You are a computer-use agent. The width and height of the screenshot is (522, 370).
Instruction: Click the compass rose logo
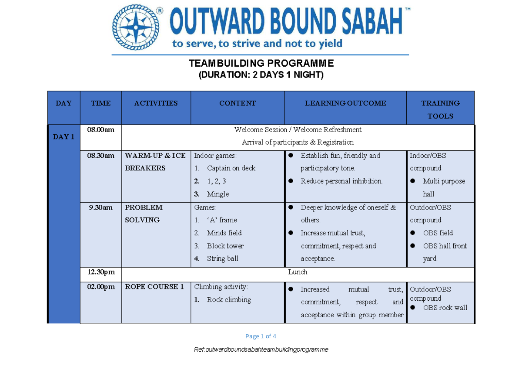coord(136,27)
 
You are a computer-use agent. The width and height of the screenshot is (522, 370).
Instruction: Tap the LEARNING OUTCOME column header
coord(345,103)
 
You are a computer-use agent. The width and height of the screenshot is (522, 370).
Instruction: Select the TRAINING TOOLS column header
coord(440,109)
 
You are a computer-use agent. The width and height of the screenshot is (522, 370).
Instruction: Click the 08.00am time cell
coord(100,129)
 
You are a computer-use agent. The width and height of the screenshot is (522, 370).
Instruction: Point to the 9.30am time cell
coord(100,207)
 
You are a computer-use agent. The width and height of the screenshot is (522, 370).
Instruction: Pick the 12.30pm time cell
coord(101,272)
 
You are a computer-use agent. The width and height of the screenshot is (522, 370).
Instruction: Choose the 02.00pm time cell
coord(101,287)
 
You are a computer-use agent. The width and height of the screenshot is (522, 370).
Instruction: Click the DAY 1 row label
coord(64,137)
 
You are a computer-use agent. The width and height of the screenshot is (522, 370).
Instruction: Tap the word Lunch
coord(298,272)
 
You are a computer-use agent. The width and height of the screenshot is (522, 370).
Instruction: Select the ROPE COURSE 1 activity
coord(154,287)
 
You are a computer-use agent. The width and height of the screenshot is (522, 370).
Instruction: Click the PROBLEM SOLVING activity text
coord(144,214)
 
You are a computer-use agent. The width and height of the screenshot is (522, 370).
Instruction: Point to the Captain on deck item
coord(231,168)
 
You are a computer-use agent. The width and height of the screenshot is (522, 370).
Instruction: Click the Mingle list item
coord(218,194)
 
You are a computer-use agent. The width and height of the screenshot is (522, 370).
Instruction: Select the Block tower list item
coord(225,246)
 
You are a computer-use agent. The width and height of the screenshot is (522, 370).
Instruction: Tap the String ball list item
coord(223,258)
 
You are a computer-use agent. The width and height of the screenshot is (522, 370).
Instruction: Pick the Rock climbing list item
coord(229,300)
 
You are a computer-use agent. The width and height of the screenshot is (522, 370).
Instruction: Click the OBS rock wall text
coord(445,308)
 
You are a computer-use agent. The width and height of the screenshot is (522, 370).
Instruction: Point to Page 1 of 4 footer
coord(261,336)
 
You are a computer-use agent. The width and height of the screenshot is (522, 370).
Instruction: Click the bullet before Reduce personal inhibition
coord(291,181)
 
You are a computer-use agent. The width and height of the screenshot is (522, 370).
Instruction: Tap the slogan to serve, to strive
coord(257,44)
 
